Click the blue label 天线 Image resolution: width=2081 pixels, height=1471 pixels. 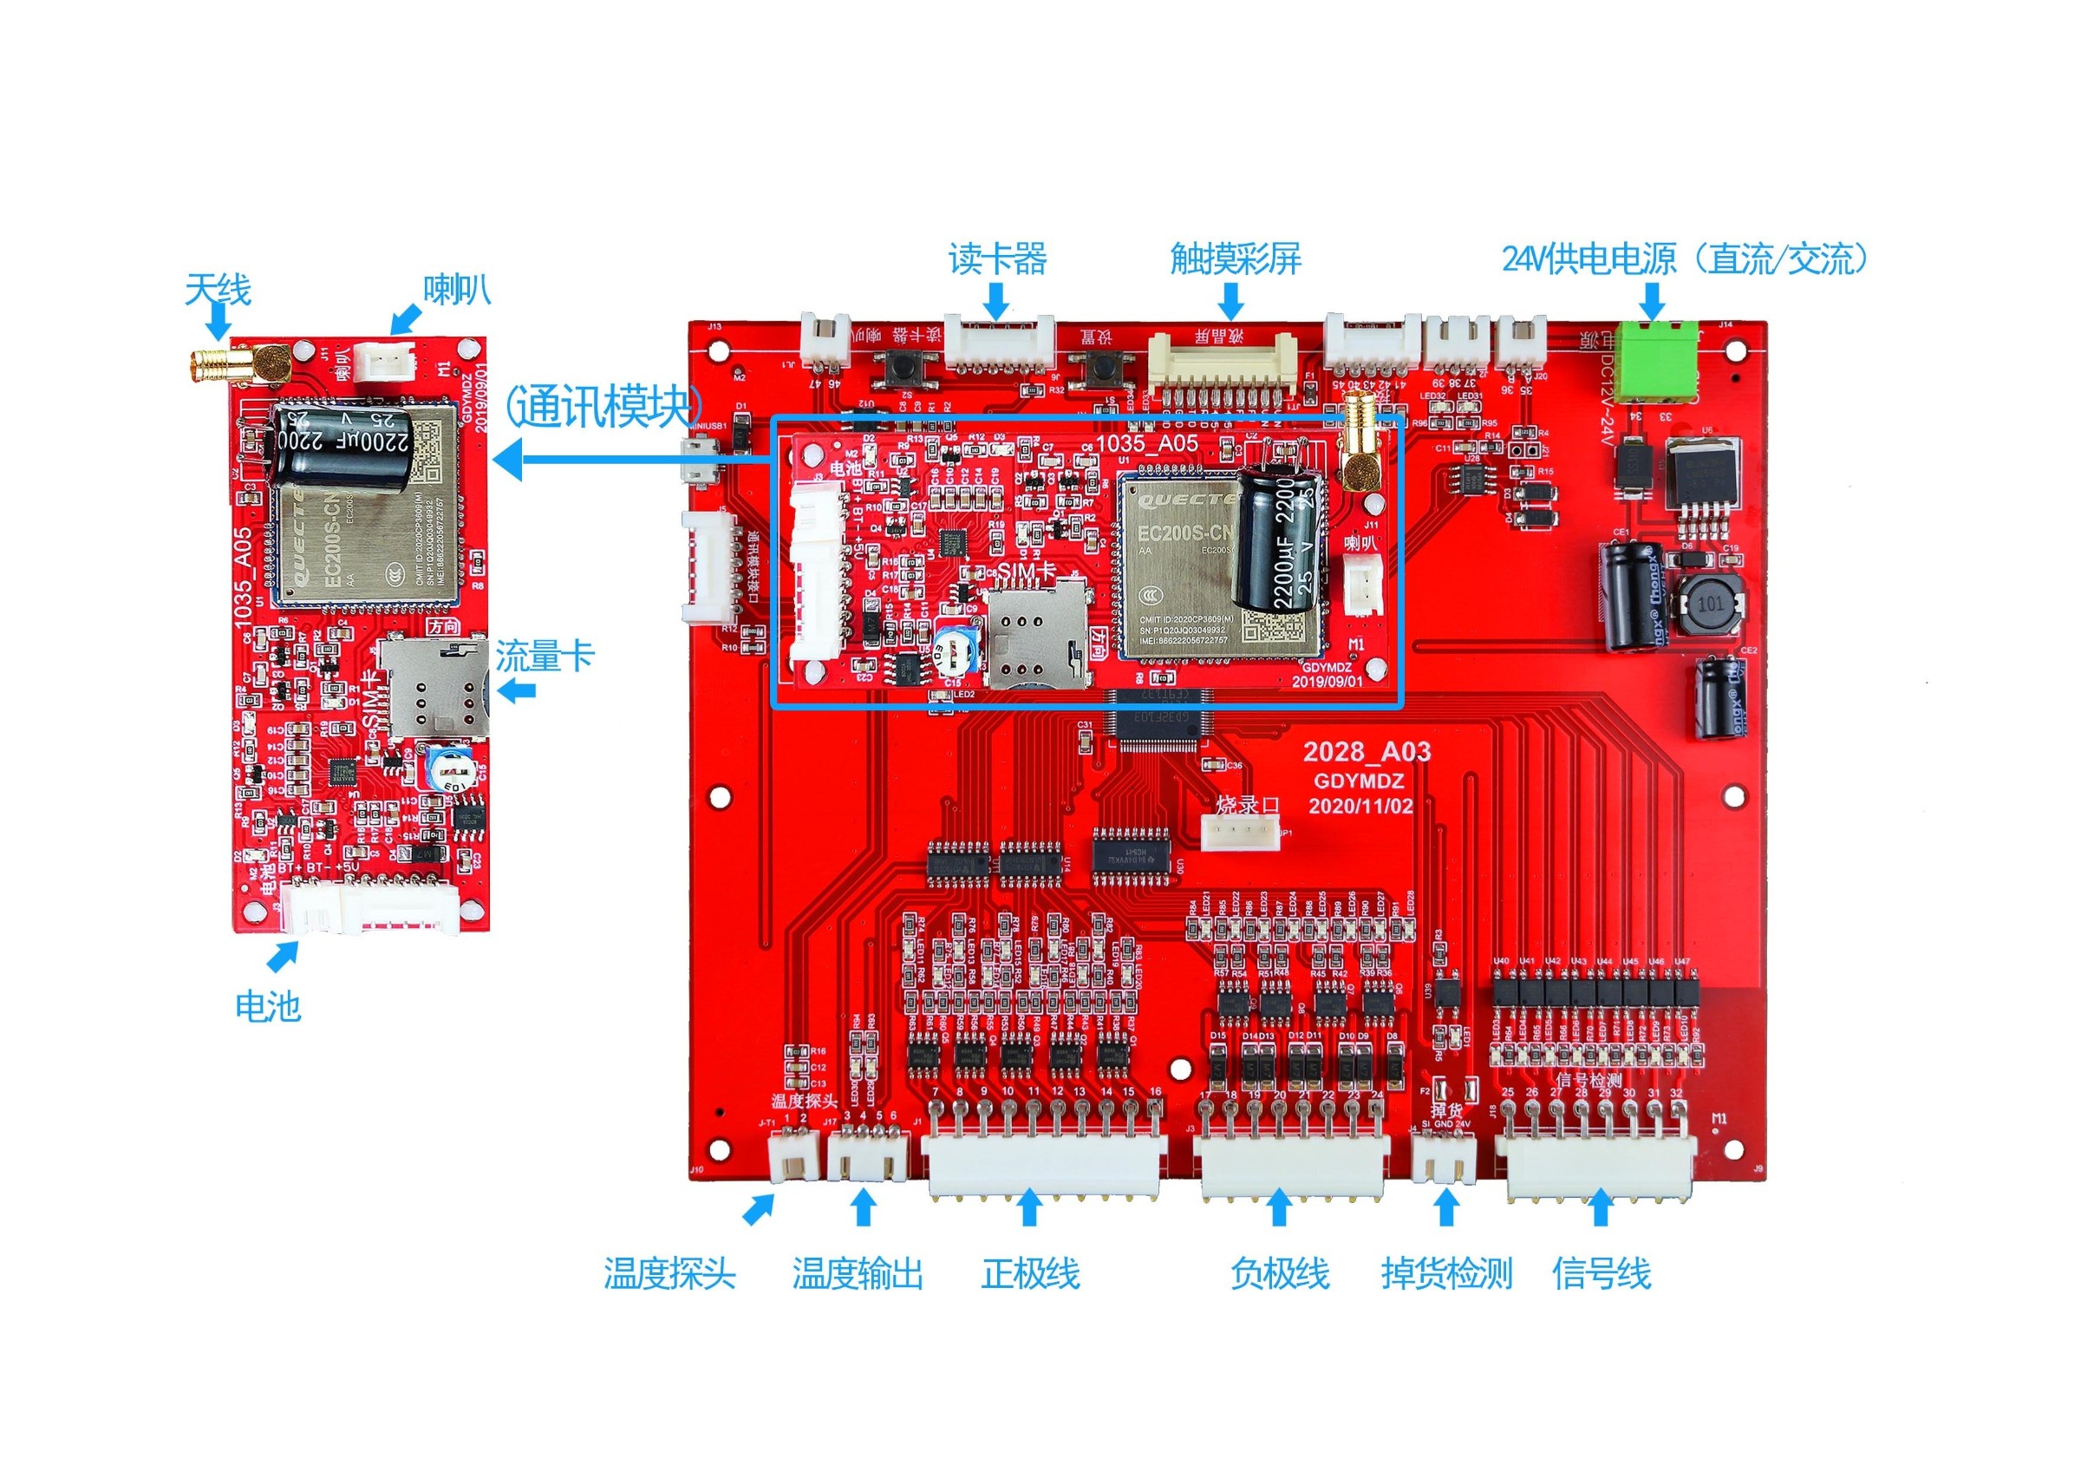pyautogui.click(x=218, y=290)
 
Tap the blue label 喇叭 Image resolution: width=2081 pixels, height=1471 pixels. pyautogui.click(x=457, y=290)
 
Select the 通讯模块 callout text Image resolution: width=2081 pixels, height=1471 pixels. pyautogui.click(x=603, y=405)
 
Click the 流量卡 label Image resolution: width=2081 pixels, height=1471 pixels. pyautogui.click(x=544, y=657)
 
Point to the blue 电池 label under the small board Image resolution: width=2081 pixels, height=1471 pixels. pyautogui.click(x=267, y=1006)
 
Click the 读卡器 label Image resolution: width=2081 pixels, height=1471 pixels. pyautogui.click(x=997, y=259)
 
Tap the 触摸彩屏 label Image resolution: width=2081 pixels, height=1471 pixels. pyautogui.click(x=1236, y=259)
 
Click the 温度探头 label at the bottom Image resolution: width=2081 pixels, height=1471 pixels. pyautogui.click(x=669, y=1273)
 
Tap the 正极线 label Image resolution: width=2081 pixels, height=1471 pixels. pyautogui.click(x=1031, y=1273)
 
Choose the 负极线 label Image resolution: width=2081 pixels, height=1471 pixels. pyautogui.click(x=1279, y=1273)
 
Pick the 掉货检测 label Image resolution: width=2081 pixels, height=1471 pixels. pyautogui.click(x=1446, y=1273)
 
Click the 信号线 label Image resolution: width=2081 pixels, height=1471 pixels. pyautogui.click(x=1602, y=1273)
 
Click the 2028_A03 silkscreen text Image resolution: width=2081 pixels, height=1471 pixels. pyautogui.click(x=1367, y=751)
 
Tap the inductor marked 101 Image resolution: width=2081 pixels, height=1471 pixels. pyautogui.click(x=1709, y=603)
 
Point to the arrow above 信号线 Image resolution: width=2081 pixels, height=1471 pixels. pyautogui.click(x=1601, y=1208)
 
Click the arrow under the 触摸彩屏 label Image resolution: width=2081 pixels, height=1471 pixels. pyautogui.click(x=1231, y=301)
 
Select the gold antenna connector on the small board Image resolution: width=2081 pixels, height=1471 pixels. pyautogui.click(x=218, y=366)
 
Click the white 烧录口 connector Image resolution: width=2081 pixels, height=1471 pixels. pyautogui.click(x=1240, y=831)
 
